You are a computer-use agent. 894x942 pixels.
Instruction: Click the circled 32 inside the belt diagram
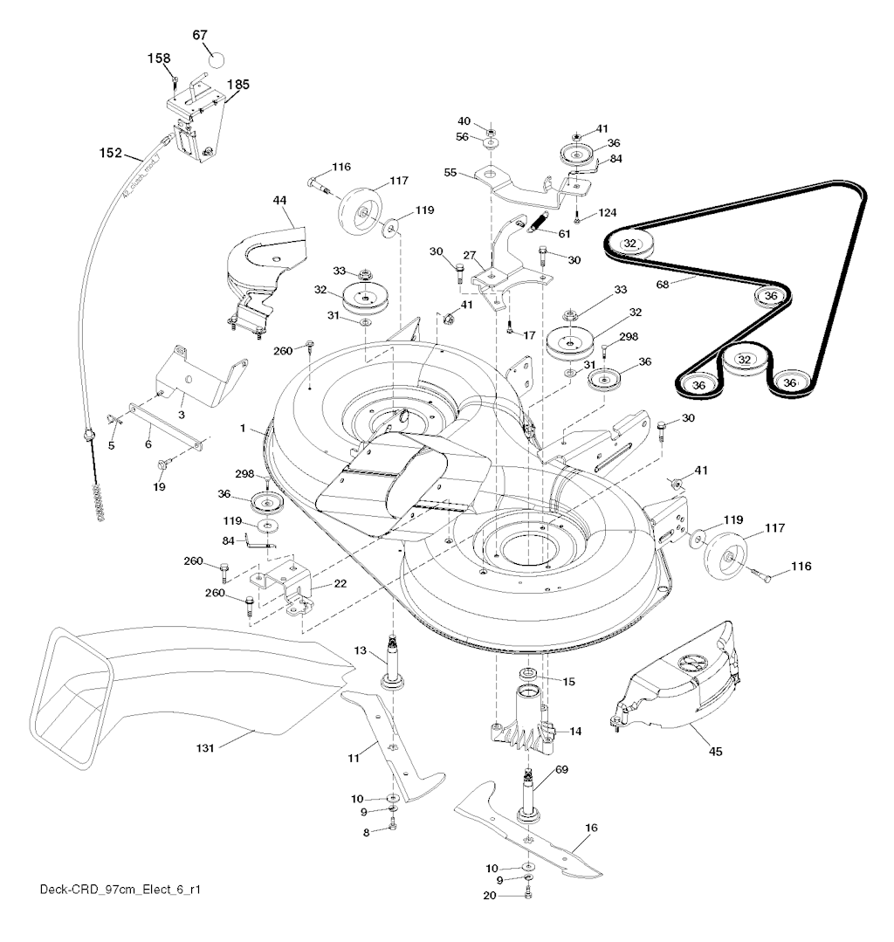tap(743, 359)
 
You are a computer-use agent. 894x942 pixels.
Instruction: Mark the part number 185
tap(237, 85)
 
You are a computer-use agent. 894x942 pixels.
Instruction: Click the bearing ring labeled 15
tap(529, 675)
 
